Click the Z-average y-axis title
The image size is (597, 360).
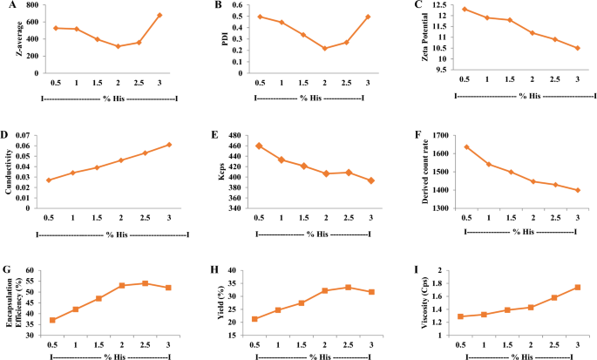coord(9,39)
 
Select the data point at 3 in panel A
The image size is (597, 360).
coord(159,15)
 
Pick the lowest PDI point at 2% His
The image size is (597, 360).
coord(325,48)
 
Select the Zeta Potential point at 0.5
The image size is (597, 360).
coord(465,10)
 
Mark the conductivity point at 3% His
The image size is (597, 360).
coord(168,145)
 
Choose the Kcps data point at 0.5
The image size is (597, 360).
coord(259,146)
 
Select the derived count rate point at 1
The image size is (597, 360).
coord(490,164)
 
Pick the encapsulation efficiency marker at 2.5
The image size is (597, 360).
coord(145,283)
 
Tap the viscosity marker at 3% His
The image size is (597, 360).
coord(577,288)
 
